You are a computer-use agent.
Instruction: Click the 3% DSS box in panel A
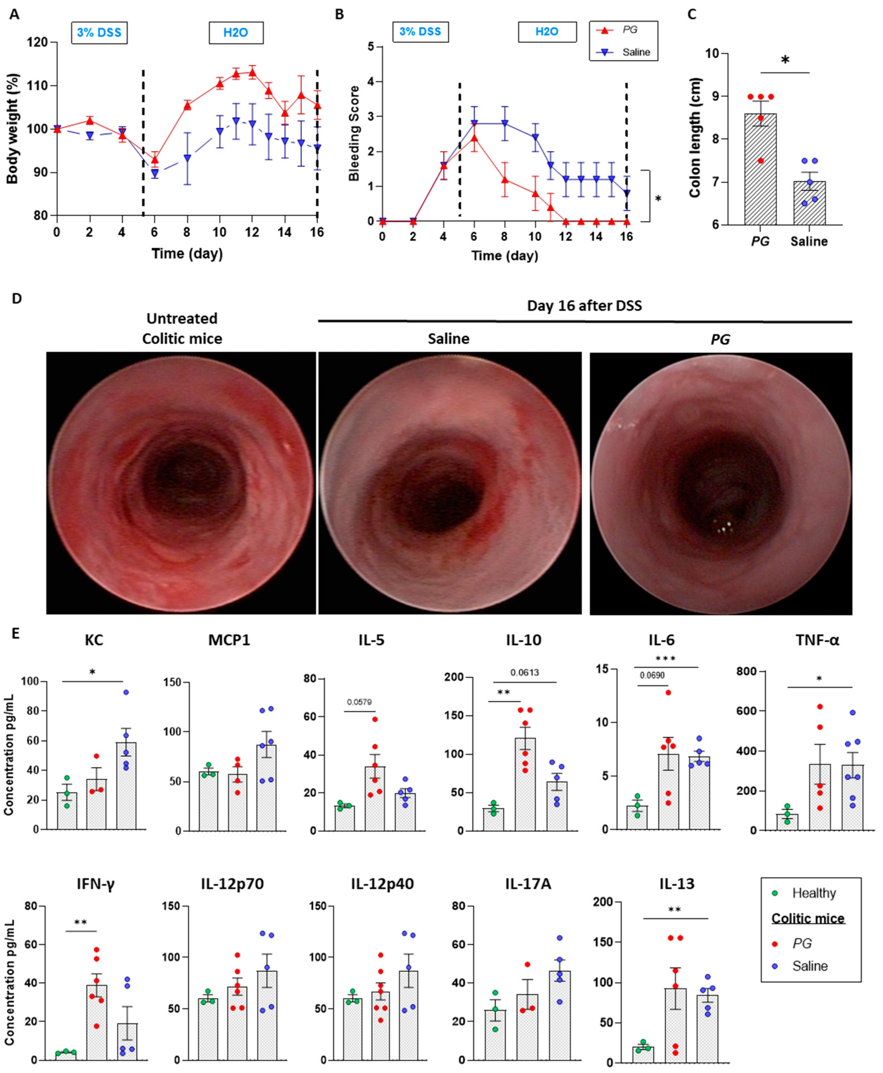pyautogui.click(x=99, y=33)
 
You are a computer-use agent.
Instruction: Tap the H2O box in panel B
pyautogui.click(x=547, y=32)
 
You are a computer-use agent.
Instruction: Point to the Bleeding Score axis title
pyautogui.click(x=354, y=133)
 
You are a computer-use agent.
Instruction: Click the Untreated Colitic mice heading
pyautogui.click(x=182, y=329)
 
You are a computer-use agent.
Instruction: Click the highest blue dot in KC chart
pyautogui.click(x=126, y=693)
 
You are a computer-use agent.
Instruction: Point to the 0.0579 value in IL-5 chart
pyautogui.click(x=359, y=702)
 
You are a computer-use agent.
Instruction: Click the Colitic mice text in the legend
pyautogui.click(x=808, y=918)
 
